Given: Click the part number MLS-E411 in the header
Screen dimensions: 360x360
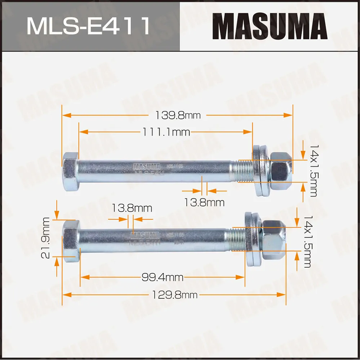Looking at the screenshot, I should click(x=88, y=26).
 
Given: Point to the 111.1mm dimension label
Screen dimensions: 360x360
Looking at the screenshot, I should click(x=165, y=132).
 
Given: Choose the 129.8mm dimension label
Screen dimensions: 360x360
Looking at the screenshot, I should click(x=174, y=295).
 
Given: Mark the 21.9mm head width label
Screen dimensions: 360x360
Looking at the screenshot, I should click(x=45, y=238).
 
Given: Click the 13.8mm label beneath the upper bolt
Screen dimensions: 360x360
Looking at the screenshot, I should click(x=204, y=203).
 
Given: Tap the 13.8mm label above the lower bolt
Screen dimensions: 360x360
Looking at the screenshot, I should click(x=132, y=208).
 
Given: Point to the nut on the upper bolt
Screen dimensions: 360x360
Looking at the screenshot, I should click(x=281, y=171).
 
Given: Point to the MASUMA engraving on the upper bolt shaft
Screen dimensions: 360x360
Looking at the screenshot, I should click(x=147, y=166).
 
